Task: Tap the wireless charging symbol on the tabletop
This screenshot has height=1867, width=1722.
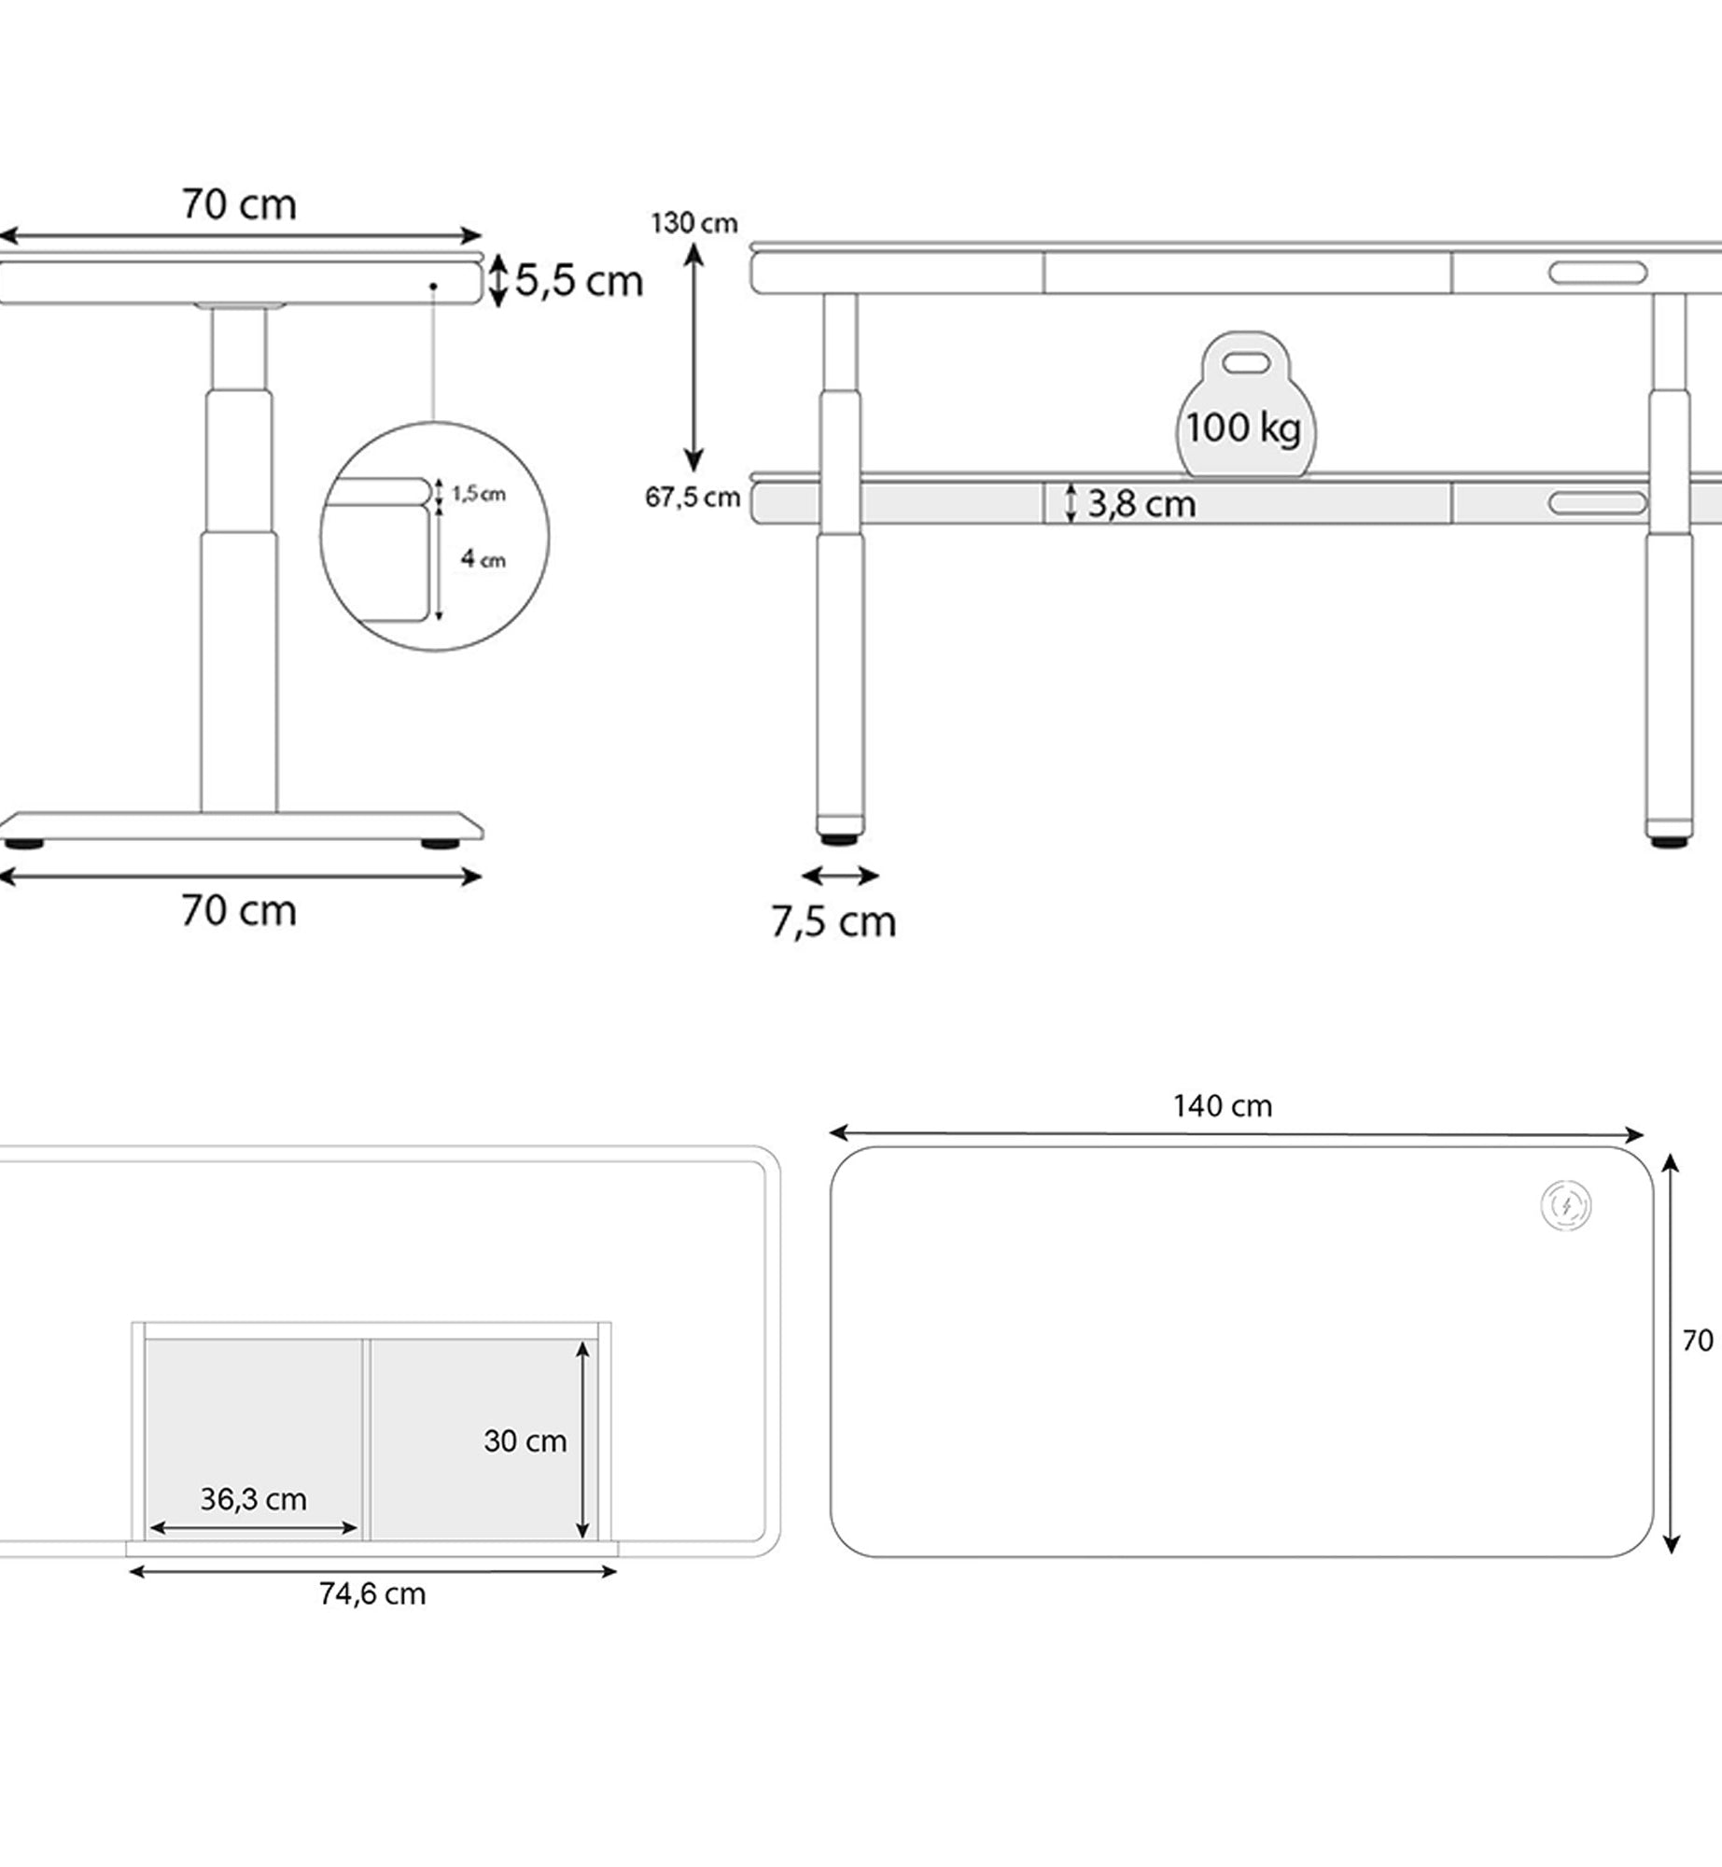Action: tap(1565, 1205)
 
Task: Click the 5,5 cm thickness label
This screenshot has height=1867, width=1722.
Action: tap(579, 280)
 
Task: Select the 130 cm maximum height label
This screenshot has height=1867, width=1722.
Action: tap(693, 223)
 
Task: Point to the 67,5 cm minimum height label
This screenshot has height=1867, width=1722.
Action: tap(692, 497)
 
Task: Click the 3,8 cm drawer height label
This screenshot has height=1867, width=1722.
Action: tap(1141, 504)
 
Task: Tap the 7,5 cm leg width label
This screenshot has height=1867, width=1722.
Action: tap(833, 921)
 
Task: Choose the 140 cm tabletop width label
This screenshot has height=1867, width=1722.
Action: tap(1222, 1106)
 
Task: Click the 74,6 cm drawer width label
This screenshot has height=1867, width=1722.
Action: tap(371, 1593)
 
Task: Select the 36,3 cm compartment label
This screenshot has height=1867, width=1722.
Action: tap(253, 1499)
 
